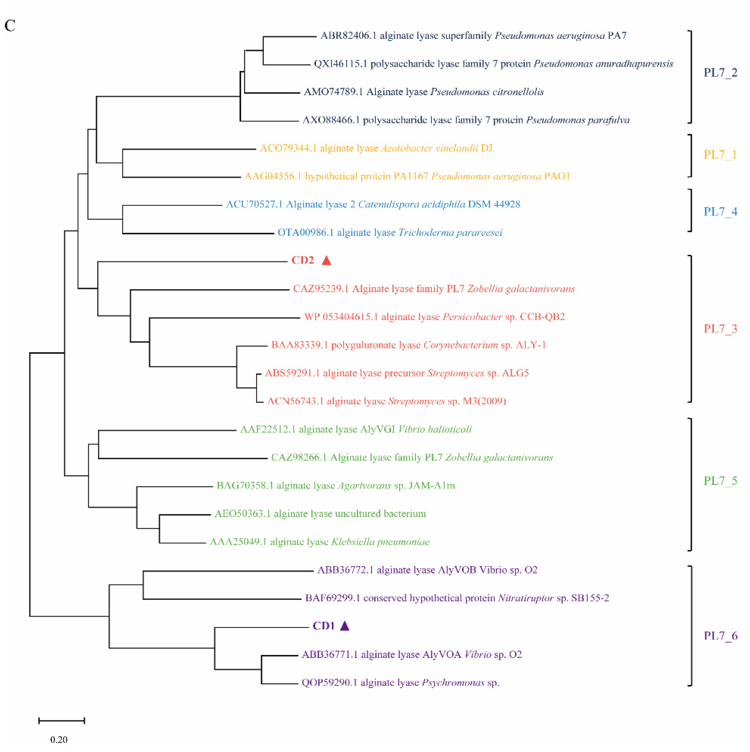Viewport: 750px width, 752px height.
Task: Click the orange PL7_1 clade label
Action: (720, 155)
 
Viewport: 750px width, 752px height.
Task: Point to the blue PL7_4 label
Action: (720, 212)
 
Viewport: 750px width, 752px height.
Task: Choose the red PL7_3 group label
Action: (720, 329)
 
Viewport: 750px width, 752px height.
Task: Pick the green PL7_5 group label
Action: (720, 481)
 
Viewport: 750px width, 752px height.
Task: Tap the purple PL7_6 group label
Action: (720, 636)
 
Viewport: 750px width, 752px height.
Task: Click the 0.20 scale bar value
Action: (59, 739)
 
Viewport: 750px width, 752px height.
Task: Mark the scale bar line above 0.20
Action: (61, 721)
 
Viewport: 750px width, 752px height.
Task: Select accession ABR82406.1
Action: (348, 36)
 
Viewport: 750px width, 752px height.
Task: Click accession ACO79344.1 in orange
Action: (288, 148)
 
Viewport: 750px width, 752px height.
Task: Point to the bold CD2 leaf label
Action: (303, 260)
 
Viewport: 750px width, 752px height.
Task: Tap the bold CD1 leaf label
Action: (324, 626)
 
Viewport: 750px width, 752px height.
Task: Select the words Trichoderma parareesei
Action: (450, 233)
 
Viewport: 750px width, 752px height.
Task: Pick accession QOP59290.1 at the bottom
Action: (329, 683)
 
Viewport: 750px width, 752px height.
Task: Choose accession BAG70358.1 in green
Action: (245, 486)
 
